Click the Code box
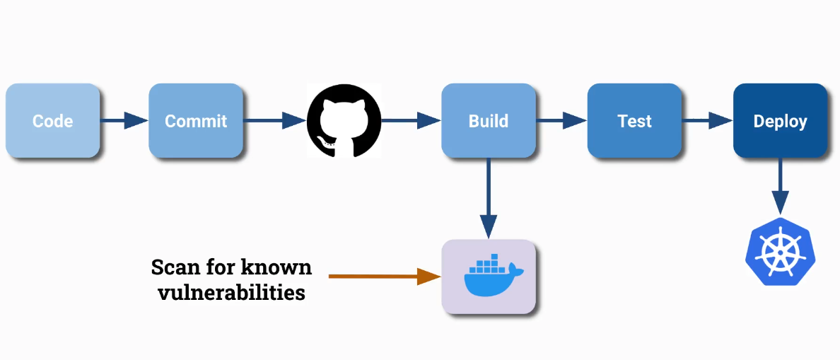point(52,121)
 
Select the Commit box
point(196,121)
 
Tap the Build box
point(489,121)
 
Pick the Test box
point(634,121)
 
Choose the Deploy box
point(780,121)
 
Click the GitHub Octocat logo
point(344,121)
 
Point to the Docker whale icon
point(489,277)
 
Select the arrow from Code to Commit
point(124,121)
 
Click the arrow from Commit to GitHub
point(274,121)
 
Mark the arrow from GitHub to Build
point(410,121)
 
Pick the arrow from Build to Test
point(561,121)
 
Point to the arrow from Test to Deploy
point(707,121)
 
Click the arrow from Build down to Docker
point(489,198)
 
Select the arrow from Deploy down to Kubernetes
point(780,185)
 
